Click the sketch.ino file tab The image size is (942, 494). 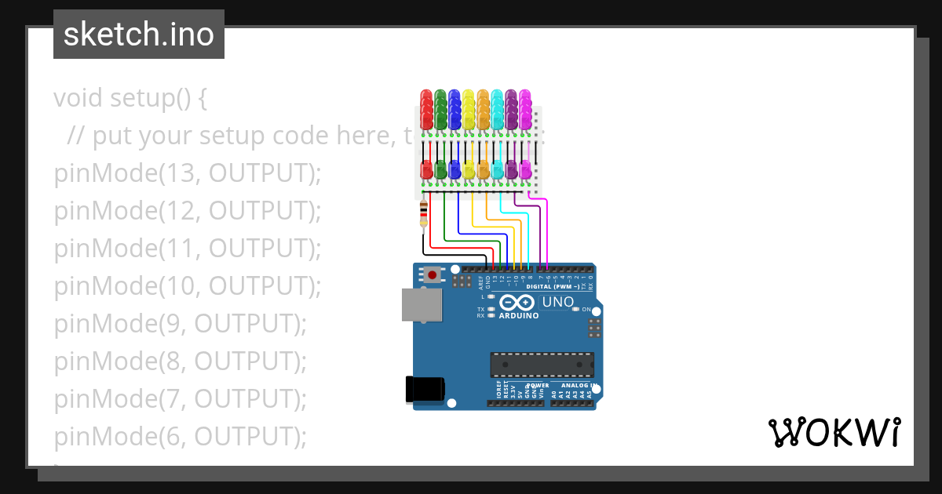[139, 35]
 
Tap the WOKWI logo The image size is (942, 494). [833, 432]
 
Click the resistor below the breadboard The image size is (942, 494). [424, 212]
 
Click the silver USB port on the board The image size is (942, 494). [421, 304]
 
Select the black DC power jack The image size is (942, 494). [425, 390]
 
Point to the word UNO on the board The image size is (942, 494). [558, 302]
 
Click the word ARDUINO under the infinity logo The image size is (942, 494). [519, 316]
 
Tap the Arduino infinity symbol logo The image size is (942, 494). [517, 303]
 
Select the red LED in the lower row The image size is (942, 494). [426, 169]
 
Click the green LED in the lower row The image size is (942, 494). [440, 169]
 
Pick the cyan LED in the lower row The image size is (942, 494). [497, 169]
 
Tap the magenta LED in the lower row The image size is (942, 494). [525, 169]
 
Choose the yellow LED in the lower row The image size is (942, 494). [469, 169]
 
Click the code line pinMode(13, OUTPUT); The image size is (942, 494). [188, 173]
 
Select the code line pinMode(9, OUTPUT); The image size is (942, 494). [180, 324]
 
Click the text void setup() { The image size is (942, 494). [130, 98]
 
